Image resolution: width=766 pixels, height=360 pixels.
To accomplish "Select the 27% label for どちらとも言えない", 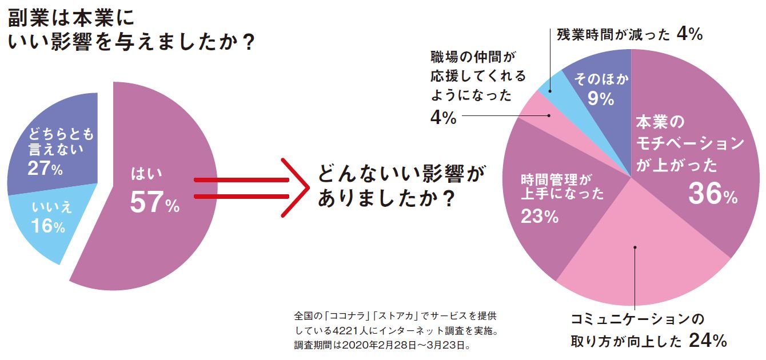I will pos(45,169).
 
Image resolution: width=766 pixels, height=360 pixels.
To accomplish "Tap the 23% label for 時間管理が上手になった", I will pos(539,217).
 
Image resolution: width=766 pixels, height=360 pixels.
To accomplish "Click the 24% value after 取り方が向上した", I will pos(708,341).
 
